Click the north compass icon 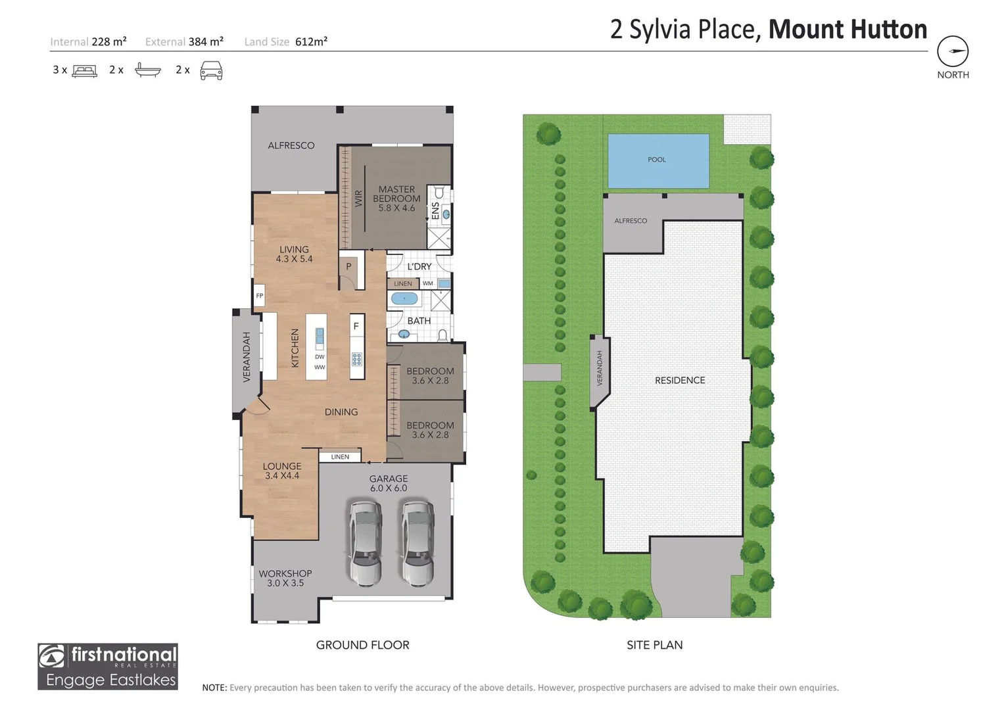pyautogui.click(x=953, y=51)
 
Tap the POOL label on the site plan pyautogui.click(x=656, y=160)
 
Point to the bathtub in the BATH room pyautogui.click(x=404, y=299)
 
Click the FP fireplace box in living pyautogui.click(x=260, y=296)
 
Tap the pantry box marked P pyautogui.click(x=348, y=266)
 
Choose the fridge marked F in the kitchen pyautogui.click(x=356, y=326)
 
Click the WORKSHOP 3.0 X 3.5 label pyautogui.click(x=285, y=578)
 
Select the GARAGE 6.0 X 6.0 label pyautogui.click(x=388, y=483)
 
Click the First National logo pyautogui.click(x=108, y=666)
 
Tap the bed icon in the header pyautogui.click(x=84, y=70)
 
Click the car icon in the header pyautogui.click(x=211, y=70)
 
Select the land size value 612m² pyautogui.click(x=311, y=41)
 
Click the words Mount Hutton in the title pyautogui.click(x=848, y=30)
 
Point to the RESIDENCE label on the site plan pyautogui.click(x=679, y=380)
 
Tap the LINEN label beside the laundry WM pyautogui.click(x=403, y=284)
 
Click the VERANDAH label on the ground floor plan pyautogui.click(x=247, y=357)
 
